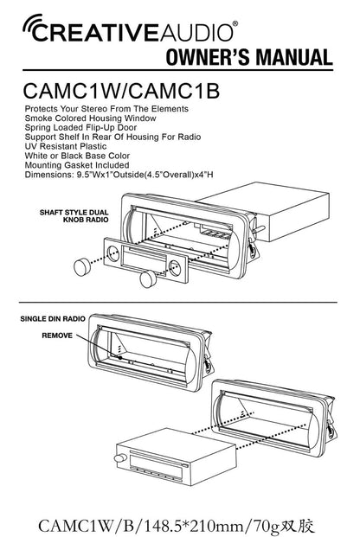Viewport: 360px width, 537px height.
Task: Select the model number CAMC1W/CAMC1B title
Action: pyautogui.click(x=121, y=91)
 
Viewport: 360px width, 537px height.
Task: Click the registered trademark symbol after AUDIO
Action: pyautogui.click(x=235, y=23)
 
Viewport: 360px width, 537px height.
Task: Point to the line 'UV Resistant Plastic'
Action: pyautogui.click(x=66, y=146)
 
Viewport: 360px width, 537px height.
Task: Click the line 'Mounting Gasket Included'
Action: pyautogui.click(x=77, y=165)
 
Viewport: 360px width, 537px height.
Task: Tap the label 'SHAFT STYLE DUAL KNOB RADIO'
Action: pyautogui.click(x=74, y=216)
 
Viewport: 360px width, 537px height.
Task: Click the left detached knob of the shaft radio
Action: pyautogui.click(x=81, y=267)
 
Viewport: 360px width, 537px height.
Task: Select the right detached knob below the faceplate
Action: pyautogui.click(x=149, y=278)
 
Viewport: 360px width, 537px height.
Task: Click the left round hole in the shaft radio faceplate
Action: pyautogui.click(x=113, y=253)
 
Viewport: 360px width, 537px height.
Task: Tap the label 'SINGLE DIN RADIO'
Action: pyautogui.click(x=53, y=319)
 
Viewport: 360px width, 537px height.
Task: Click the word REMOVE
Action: pyautogui.click(x=57, y=336)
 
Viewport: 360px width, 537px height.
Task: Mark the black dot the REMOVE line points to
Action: pyautogui.click(x=120, y=357)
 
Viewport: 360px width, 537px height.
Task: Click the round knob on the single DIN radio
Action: pyautogui.click(x=119, y=458)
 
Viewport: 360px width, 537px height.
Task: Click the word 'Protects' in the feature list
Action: pyautogui.click(x=42, y=109)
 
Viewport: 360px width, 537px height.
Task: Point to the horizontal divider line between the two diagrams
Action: pyautogui.click(x=178, y=303)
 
